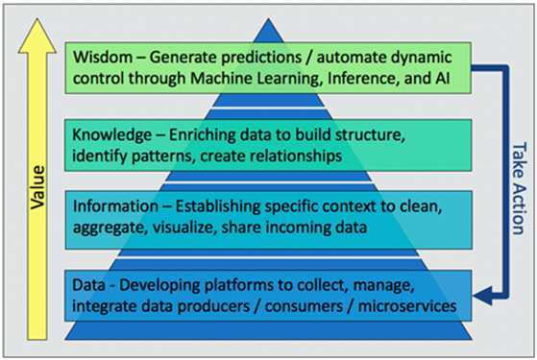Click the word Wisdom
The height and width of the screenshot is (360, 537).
coord(103,57)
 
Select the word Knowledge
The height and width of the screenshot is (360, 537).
coord(112,134)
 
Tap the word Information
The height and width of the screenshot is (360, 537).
coord(115,206)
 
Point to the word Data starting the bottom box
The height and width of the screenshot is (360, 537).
coord(88,285)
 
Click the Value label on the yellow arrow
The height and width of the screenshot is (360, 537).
coord(37,187)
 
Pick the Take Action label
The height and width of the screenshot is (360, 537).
coord(519,188)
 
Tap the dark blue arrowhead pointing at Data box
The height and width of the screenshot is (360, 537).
coord(483,295)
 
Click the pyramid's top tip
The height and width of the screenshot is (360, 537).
coord(269,19)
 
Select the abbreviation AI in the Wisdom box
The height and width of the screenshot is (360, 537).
coord(443,79)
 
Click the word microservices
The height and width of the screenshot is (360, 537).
coord(407,306)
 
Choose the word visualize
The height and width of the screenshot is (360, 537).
coord(184,228)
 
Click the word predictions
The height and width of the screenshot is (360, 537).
coord(261,58)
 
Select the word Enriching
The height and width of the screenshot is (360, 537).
coord(202,135)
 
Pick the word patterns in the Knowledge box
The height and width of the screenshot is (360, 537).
coord(163,156)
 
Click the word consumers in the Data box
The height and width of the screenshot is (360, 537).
coord(304,306)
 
